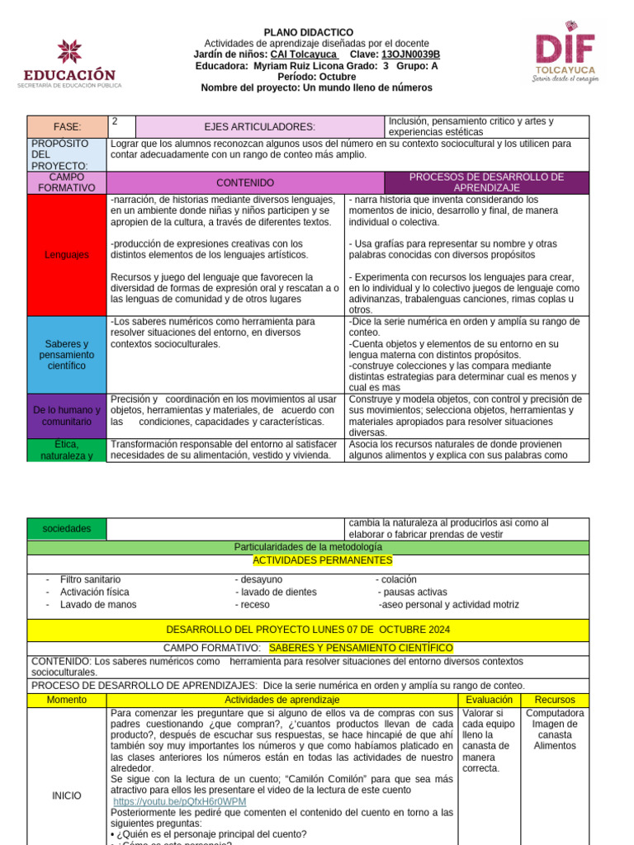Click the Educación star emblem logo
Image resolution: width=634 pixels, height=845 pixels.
tap(69, 51)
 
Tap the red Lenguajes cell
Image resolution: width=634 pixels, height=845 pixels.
tap(67, 255)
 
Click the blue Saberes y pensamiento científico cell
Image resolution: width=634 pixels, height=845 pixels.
tap(67, 354)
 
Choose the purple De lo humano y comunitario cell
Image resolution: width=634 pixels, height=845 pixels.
tap(67, 416)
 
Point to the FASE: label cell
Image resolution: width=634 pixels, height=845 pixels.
tap(67, 126)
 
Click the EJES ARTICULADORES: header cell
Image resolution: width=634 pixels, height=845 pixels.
tap(259, 126)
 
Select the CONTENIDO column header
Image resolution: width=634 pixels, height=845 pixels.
tap(245, 182)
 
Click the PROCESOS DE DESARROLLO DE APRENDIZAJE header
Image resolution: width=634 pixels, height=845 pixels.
tap(487, 182)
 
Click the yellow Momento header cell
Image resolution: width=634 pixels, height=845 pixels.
tap(67, 700)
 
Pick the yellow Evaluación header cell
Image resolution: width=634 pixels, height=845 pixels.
tap(489, 700)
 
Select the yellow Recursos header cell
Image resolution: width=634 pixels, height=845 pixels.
tap(555, 700)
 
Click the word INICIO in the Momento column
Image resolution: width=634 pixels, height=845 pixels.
tap(67, 795)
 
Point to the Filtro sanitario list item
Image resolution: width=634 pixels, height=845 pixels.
tap(90, 580)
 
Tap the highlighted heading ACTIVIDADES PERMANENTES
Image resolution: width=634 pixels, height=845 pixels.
tap(322, 560)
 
